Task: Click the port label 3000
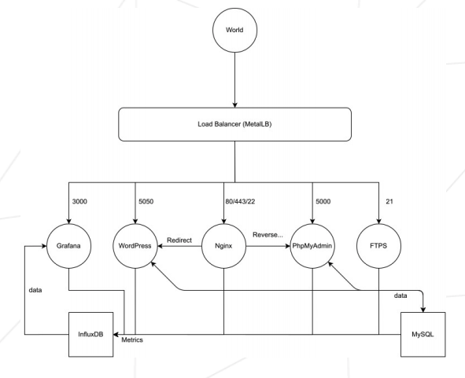(x=79, y=201)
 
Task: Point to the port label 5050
(x=146, y=201)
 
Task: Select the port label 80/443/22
(x=240, y=201)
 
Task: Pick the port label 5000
(x=323, y=201)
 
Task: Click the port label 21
(x=389, y=201)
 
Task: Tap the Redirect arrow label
(x=179, y=240)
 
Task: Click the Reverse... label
(x=268, y=235)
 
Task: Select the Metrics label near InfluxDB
(x=132, y=339)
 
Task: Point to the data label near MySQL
(x=400, y=295)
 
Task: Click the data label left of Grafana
(x=35, y=290)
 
